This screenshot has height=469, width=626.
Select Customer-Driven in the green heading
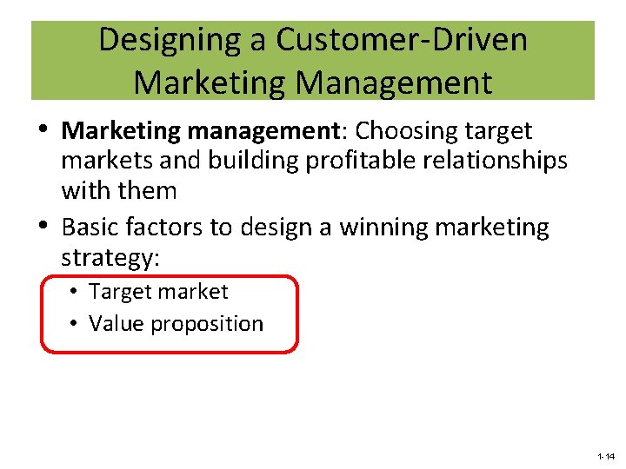[402, 41]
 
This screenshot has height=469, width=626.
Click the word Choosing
[408, 131]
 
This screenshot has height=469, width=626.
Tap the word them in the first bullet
[149, 190]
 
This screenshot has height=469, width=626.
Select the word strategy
[109, 258]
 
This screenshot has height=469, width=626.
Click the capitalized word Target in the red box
[117, 292]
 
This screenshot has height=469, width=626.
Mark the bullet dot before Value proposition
[77, 324]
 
